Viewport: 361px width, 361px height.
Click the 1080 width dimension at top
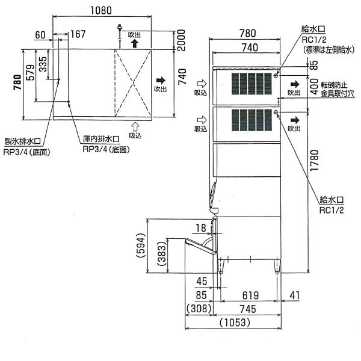[101, 10]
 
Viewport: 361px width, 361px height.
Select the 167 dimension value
[78, 34]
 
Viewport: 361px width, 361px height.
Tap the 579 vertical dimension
[31, 73]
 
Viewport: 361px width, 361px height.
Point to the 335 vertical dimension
[43, 64]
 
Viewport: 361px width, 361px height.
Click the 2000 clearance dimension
[181, 40]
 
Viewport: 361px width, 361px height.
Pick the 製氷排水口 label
[23, 141]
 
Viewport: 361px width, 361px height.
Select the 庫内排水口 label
[101, 139]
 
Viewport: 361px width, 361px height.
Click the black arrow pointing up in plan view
[135, 43]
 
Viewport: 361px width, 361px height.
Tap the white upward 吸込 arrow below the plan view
[135, 126]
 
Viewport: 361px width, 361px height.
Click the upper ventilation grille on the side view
[251, 84]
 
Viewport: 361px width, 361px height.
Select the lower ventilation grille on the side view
[251, 120]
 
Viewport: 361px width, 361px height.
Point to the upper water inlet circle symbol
[276, 76]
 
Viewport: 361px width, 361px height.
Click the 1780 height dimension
[315, 161]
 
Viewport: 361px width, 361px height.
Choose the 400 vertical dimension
[314, 86]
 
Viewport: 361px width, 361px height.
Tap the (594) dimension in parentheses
[141, 245]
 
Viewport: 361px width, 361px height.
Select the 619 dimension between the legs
[250, 295]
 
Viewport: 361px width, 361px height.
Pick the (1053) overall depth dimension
[235, 322]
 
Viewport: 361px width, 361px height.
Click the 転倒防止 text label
[334, 85]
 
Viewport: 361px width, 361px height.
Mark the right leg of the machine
[277, 267]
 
